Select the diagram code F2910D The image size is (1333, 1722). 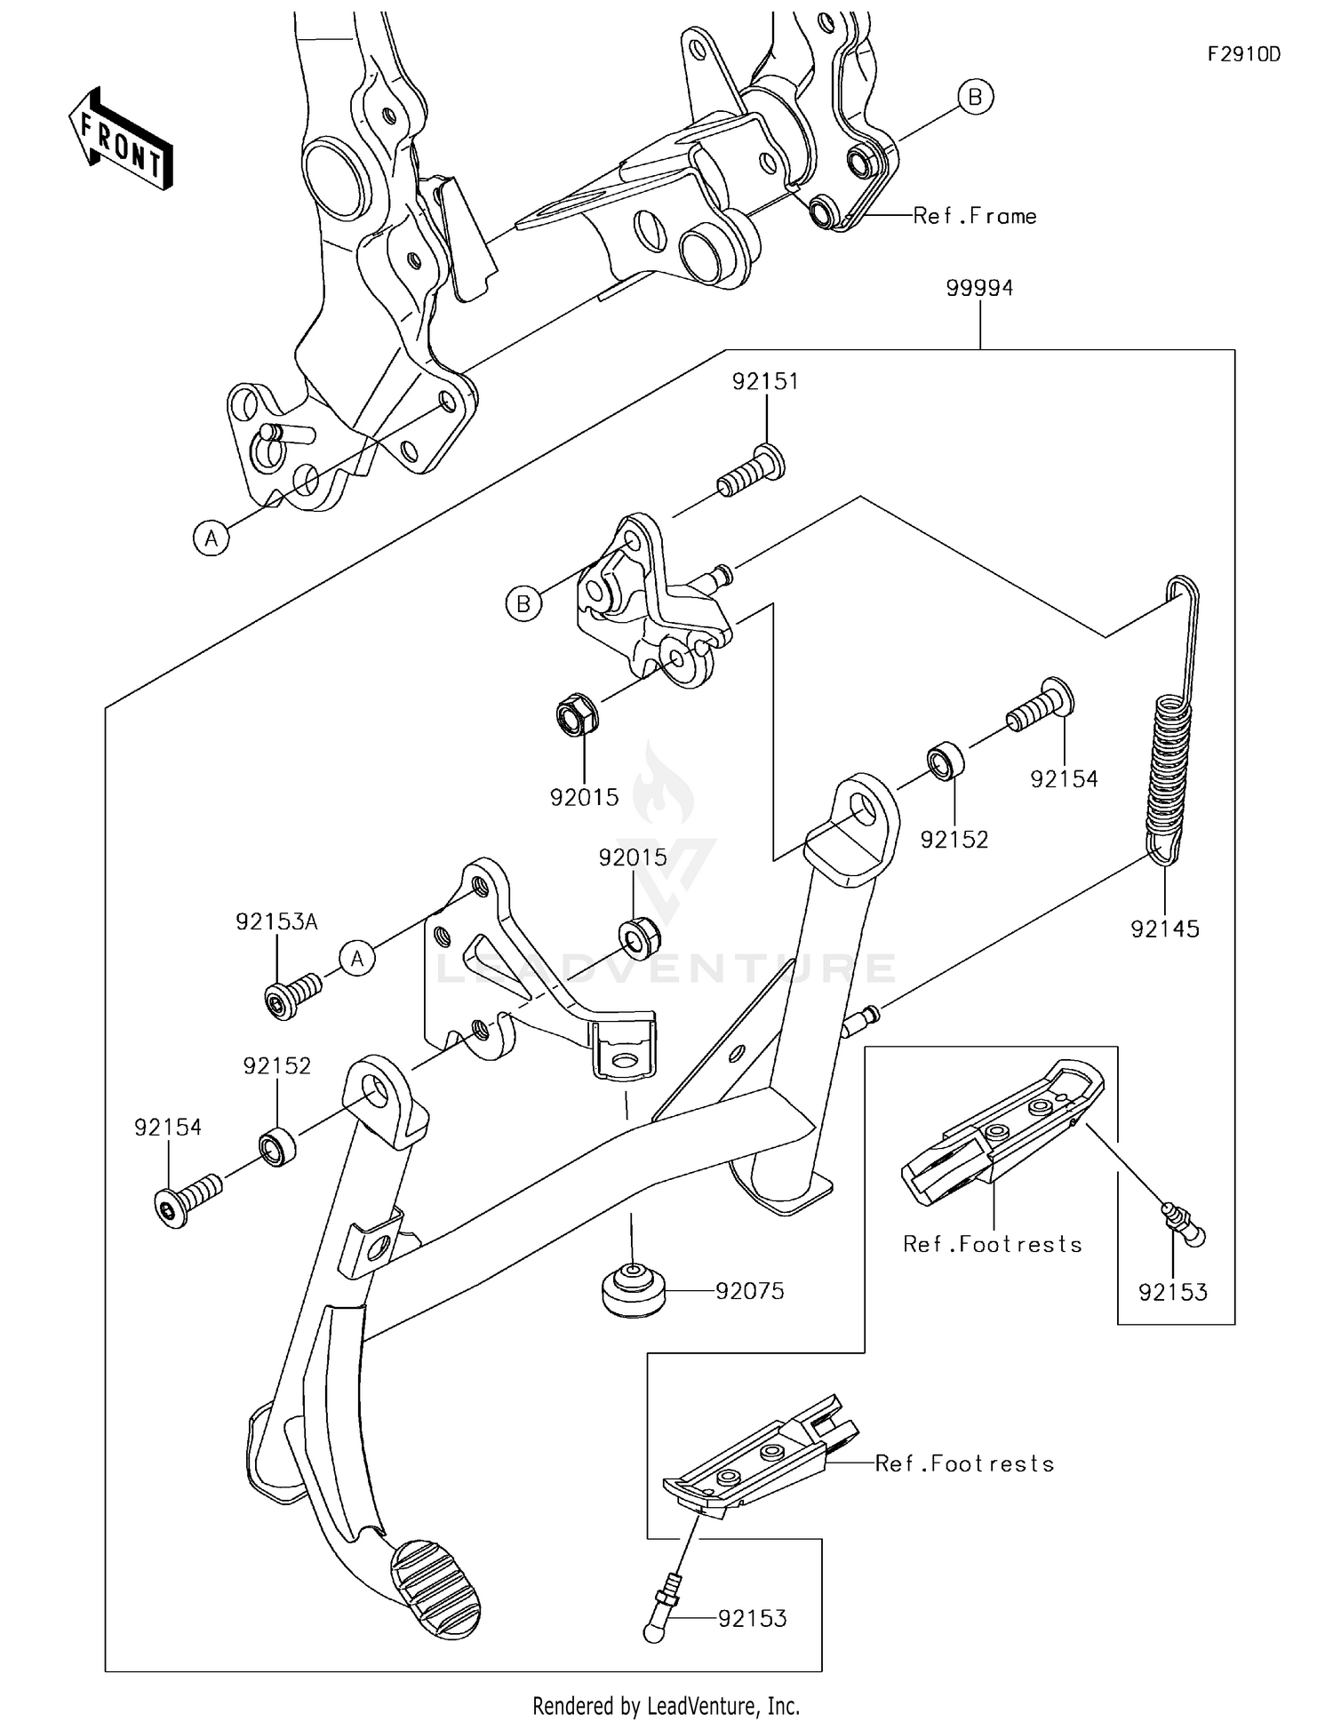1243,54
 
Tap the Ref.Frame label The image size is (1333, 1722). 975,216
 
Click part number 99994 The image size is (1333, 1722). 979,288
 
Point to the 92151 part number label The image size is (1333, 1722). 765,381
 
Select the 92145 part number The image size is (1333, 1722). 1164,929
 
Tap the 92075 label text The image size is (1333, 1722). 750,1291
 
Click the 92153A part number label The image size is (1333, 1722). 276,921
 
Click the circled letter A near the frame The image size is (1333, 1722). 212,538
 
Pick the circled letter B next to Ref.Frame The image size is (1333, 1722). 975,97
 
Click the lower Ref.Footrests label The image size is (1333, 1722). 964,1463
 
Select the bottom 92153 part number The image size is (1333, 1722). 752,1618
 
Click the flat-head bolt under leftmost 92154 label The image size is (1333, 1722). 187,1199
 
